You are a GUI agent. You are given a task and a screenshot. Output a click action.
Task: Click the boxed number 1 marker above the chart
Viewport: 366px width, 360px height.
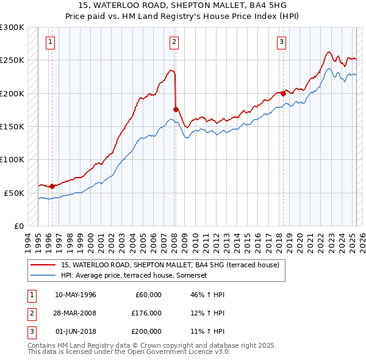[x=49, y=42]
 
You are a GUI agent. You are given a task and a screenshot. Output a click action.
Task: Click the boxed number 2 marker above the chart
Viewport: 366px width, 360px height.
[x=174, y=42]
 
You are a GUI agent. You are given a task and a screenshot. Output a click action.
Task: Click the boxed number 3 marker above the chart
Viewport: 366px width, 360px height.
[x=281, y=42]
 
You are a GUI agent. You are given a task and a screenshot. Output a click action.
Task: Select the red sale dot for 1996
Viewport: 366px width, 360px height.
[x=52, y=186]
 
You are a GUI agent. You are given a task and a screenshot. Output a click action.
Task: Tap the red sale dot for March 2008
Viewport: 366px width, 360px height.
[x=176, y=109]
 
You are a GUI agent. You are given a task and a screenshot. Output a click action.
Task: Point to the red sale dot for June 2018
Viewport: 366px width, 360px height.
[x=283, y=93]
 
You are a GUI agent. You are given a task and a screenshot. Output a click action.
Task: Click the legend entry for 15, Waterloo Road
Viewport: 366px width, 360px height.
[x=170, y=265]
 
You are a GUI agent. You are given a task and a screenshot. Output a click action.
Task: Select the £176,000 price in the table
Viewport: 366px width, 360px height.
[x=147, y=313]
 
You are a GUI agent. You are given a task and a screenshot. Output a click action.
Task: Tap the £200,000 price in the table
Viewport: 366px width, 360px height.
[x=147, y=331]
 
